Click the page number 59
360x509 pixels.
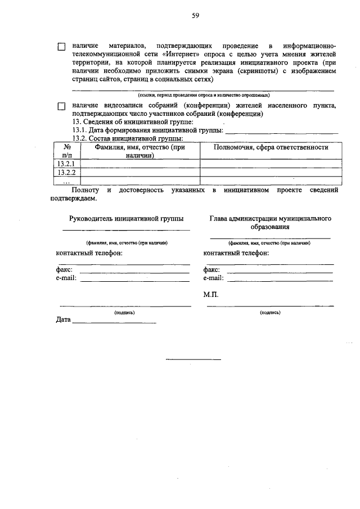(x=195, y=16)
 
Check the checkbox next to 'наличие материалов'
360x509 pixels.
(x=62, y=47)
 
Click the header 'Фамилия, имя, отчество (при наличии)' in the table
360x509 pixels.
(x=140, y=150)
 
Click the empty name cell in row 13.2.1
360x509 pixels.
(x=140, y=164)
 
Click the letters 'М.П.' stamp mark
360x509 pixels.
(x=211, y=294)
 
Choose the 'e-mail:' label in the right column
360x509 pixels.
(x=214, y=278)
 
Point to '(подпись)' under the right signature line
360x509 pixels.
(x=270, y=312)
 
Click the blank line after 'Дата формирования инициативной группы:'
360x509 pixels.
(x=281, y=131)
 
